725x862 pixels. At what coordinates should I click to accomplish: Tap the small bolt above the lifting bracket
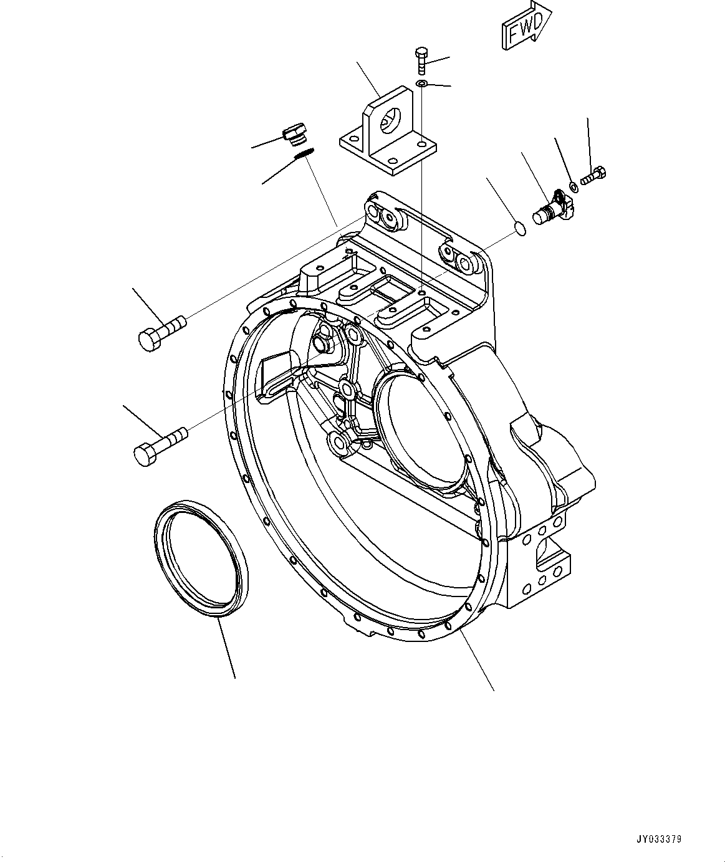click(x=421, y=60)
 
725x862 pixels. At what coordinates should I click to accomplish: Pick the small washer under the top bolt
click(x=421, y=84)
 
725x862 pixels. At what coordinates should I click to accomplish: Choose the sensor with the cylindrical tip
click(x=550, y=208)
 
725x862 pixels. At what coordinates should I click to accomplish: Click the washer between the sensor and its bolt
click(x=572, y=186)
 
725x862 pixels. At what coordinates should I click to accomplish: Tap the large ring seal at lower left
click(x=201, y=559)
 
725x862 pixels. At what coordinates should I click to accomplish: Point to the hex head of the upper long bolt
click(x=148, y=340)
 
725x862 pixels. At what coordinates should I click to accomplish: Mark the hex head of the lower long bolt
click(x=145, y=453)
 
